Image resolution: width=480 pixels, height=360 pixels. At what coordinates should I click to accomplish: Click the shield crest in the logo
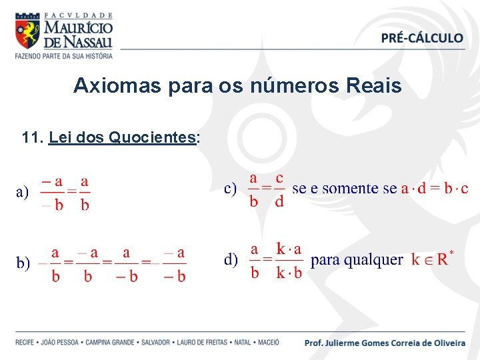[x=27, y=33]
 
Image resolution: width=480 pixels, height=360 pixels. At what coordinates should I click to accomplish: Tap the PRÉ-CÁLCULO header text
[x=422, y=39]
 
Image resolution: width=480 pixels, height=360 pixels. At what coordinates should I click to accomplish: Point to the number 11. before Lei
[x=33, y=138]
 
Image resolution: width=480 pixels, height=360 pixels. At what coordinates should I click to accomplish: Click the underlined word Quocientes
[x=151, y=138]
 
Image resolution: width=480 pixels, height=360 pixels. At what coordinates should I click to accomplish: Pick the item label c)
[x=230, y=189]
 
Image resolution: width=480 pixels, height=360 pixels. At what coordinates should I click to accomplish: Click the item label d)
[x=231, y=260]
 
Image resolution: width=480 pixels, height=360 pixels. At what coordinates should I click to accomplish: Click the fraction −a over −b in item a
[x=51, y=193]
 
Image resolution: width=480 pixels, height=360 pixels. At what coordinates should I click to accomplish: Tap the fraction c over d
[x=279, y=189]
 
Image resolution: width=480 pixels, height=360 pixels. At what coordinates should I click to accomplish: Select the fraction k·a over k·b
[x=289, y=261]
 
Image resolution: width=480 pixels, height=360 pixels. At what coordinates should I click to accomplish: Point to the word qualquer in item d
[x=376, y=260]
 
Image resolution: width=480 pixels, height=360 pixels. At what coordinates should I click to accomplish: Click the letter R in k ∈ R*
[x=442, y=260]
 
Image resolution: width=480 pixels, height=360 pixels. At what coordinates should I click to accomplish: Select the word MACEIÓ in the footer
[x=268, y=343]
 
